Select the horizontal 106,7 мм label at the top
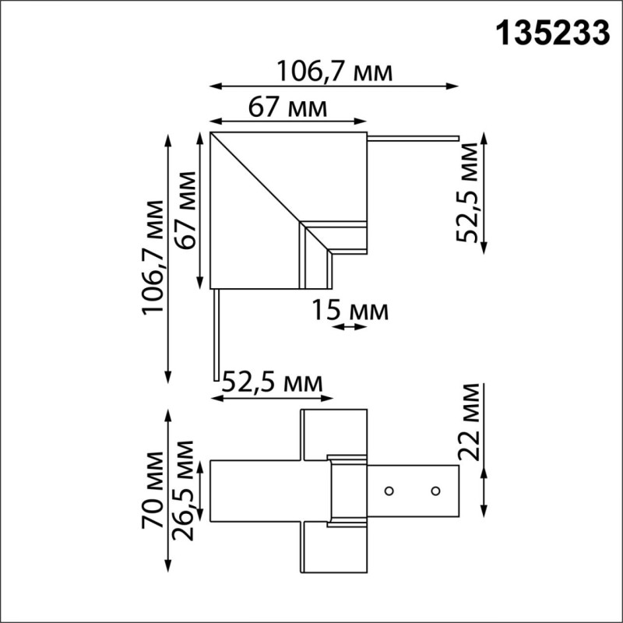(334, 72)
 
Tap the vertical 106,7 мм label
(153, 258)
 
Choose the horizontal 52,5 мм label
(273, 382)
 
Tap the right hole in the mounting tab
(435, 491)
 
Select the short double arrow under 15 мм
(348, 327)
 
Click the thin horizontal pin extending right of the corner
(413, 139)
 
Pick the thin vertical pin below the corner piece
(216, 335)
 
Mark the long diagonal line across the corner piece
(257, 179)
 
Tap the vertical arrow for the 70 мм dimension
(168, 491)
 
